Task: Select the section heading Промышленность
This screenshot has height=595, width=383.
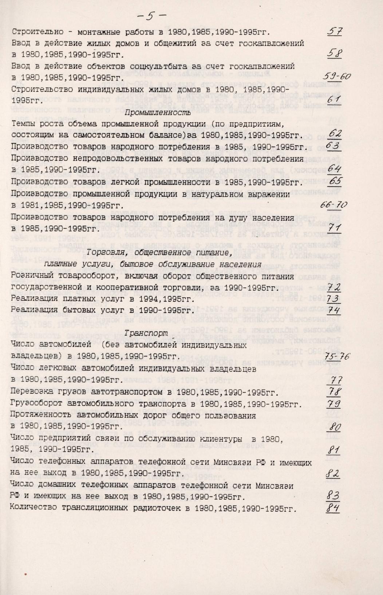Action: pyautogui.click(x=158, y=112)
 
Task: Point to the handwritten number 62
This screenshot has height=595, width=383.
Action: pyautogui.click(x=334, y=134)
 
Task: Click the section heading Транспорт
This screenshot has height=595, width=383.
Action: pyautogui.click(x=146, y=333)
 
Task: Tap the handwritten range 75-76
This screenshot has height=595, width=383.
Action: pyautogui.click(x=337, y=356)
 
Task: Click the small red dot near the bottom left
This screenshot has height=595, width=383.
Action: pyautogui.click(x=25, y=574)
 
